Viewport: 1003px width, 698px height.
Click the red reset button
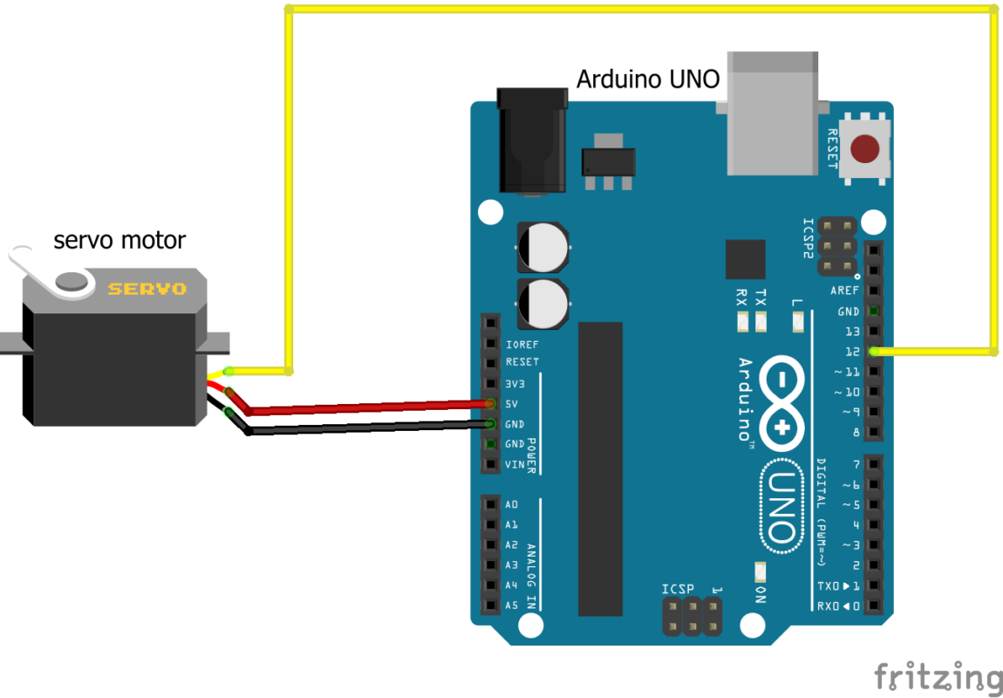864,149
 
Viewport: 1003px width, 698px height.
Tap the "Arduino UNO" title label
647,79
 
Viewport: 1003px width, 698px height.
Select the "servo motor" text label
119,240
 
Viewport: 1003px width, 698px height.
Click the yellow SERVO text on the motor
147,289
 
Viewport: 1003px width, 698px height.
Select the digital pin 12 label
852,352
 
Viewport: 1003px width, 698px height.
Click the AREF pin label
844,291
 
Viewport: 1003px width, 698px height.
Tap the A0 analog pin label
512,505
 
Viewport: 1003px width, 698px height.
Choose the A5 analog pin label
512,606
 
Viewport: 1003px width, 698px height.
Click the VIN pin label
515,464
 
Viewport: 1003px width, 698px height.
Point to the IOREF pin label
522,345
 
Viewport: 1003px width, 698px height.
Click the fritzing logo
938,677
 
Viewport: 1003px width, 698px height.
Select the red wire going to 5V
366,406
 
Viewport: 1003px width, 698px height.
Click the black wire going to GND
366,427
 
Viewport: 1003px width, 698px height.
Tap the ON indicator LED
760,572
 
